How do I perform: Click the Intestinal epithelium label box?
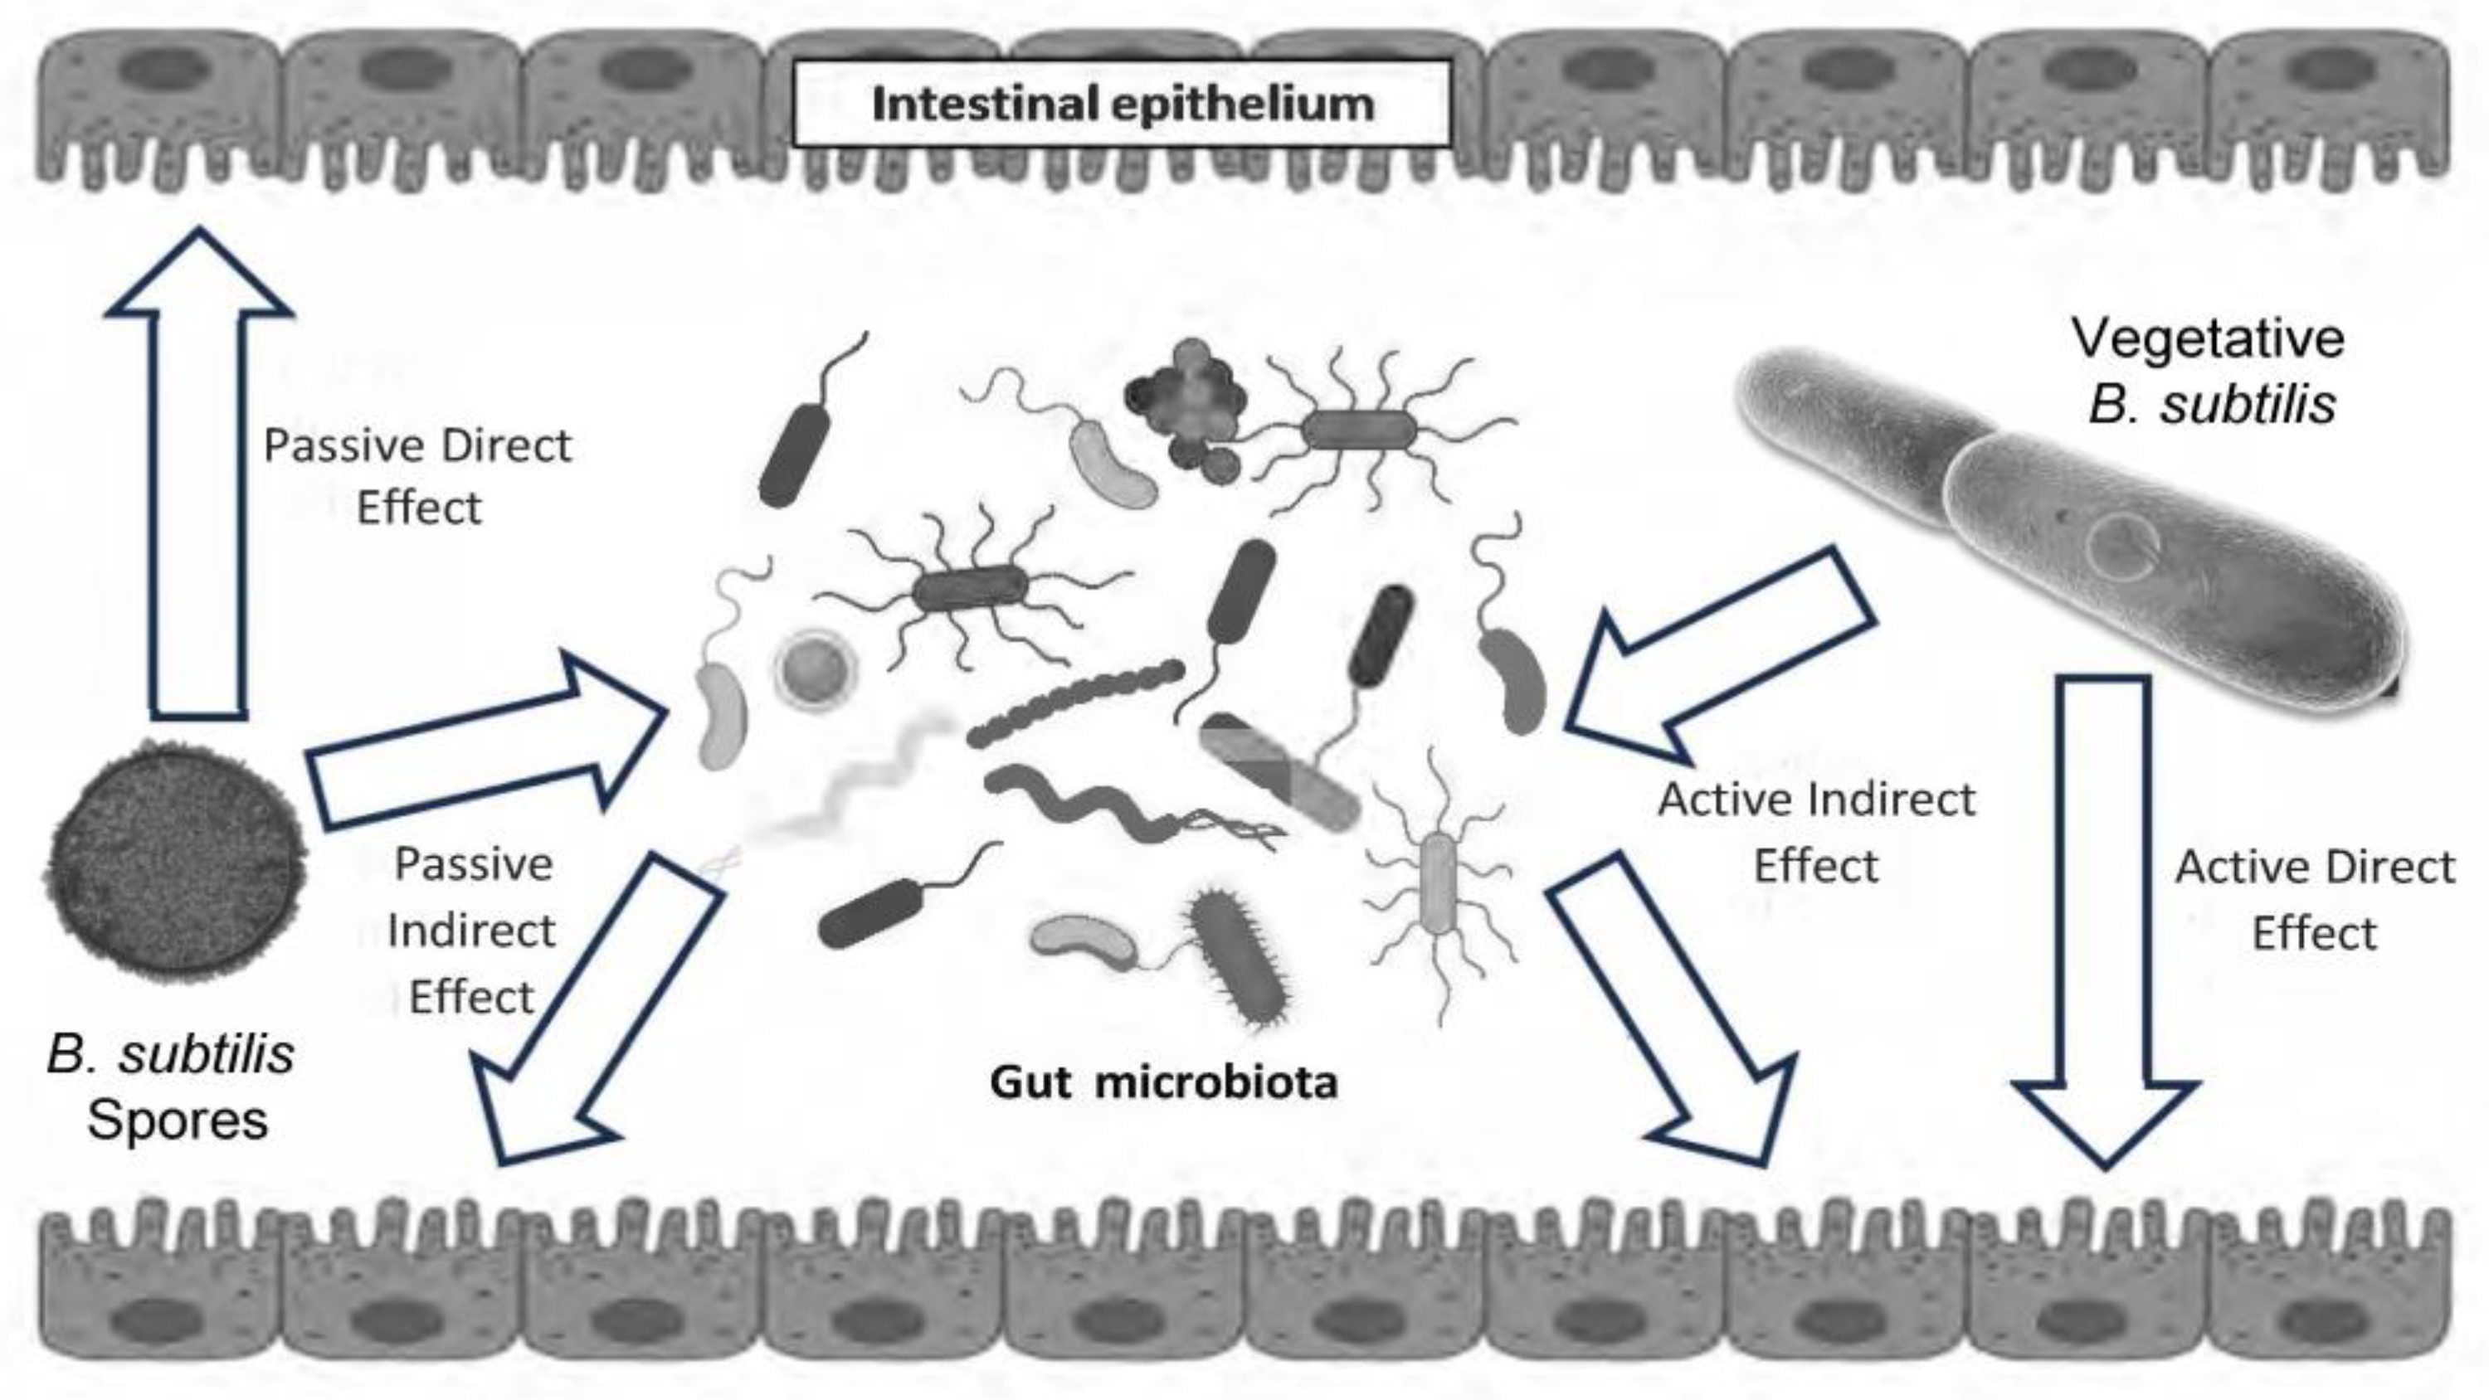click(1122, 105)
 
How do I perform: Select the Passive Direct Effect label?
click(417, 476)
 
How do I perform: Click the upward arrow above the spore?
click(198, 483)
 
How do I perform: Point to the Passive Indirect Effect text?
click(472, 930)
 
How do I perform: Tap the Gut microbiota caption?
click(1163, 1082)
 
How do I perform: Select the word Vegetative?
click(2208, 338)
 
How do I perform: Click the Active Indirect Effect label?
click(1816, 832)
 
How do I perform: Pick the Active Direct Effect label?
click(2314, 900)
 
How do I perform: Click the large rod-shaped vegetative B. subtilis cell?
click(2077, 541)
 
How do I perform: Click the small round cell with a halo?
click(816, 668)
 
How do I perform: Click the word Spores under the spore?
click(178, 1120)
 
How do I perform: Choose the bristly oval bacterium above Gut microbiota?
click(1240, 956)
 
